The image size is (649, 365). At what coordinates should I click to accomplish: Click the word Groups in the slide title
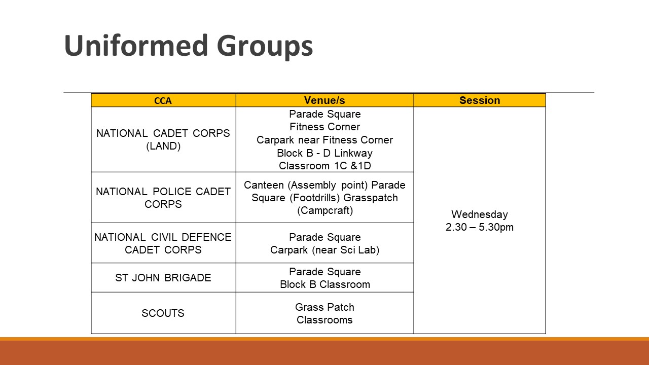pos(265,47)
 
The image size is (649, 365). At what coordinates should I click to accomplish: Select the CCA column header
pos(163,101)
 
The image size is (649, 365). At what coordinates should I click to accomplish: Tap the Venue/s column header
pos(324,100)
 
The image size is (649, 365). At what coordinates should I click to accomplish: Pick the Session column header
pos(480,100)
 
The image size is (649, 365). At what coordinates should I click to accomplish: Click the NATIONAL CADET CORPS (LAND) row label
pos(163,139)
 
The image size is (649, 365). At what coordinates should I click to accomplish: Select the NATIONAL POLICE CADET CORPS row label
pos(163,198)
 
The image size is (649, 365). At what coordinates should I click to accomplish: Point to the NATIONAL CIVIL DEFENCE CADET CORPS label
pos(163,243)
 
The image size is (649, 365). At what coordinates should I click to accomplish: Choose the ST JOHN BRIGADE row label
pos(163,278)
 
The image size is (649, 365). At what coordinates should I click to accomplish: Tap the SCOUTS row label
pos(163,313)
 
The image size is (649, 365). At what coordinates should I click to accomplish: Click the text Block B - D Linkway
pos(324,153)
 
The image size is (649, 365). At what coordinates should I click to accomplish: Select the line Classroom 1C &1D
pos(324,166)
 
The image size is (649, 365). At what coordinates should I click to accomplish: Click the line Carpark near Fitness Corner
pos(324,140)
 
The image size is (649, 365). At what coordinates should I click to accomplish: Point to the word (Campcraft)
pos(324,210)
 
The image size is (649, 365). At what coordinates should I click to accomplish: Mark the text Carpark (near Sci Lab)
pos(324,250)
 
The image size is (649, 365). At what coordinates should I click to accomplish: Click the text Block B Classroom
pos(324,284)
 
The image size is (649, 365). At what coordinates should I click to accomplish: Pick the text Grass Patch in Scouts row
pos(324,307)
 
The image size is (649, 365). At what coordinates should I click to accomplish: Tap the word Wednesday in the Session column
pos(480,214)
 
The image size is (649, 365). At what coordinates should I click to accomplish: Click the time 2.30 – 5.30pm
pos(480,227)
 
